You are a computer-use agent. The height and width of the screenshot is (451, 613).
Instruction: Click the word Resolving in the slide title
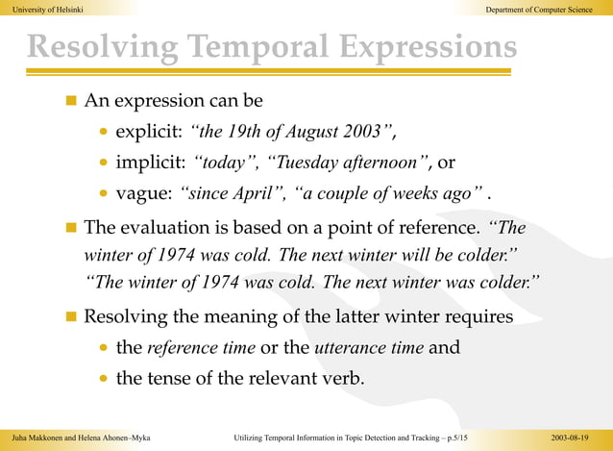[x=100, y=49]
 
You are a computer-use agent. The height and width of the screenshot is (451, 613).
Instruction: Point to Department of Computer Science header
[x=540, y=9]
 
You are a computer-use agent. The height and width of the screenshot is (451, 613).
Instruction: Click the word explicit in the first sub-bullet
[x=142, y=131]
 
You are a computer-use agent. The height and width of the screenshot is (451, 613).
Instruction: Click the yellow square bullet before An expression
[x=69, y=101]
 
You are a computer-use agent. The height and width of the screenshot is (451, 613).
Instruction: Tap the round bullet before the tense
[x=103, y=379]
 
